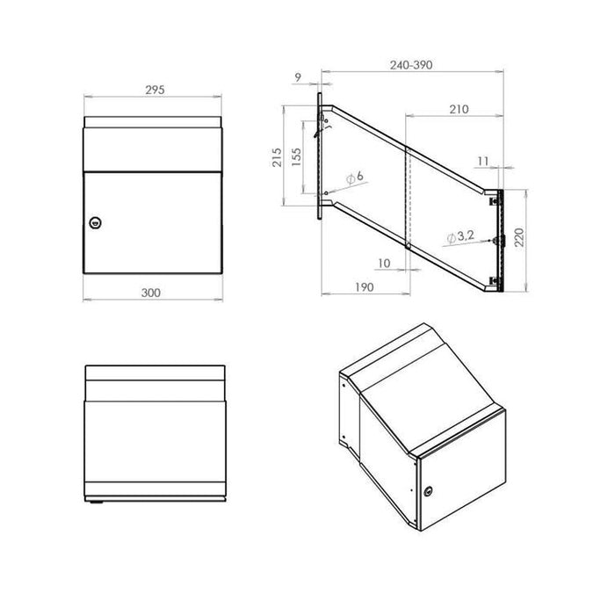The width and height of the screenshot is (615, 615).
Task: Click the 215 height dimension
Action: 277,156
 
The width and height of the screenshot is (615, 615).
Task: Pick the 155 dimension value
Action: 298,156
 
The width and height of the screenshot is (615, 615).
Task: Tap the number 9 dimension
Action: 300,78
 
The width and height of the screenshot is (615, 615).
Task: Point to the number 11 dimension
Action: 483,162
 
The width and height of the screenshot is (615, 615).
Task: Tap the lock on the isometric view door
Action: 430,492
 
